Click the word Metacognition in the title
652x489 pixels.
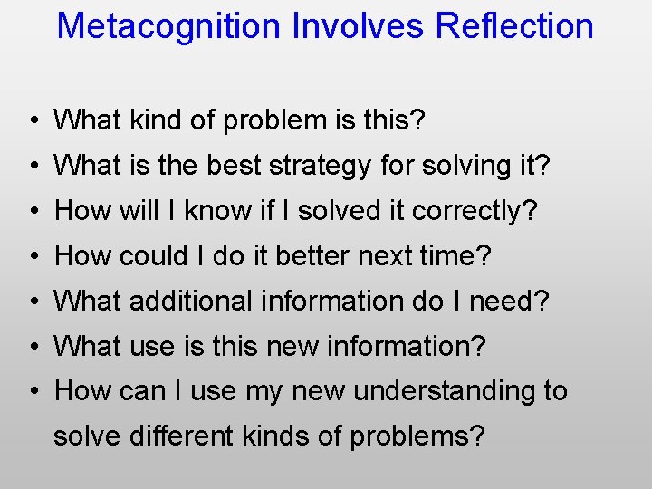pyautogui.click(x=169, y=25)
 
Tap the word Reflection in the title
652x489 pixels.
pyautogui.click(x=514, y=25)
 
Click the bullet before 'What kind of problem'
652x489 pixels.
pyautogui.click(x=32, y=120)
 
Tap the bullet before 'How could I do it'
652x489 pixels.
pyautogui.click(x=32, y=256)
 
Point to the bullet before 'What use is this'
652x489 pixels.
pyautogui.click(x=32, y=347)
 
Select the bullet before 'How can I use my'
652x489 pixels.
pyautogui.click(x=32, y=392)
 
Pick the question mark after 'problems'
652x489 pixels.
pyautogui.click(x=477, y=436)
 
